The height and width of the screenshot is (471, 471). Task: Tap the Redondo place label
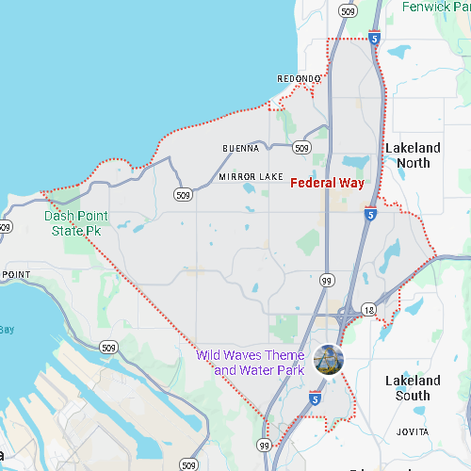(x=299, y=78)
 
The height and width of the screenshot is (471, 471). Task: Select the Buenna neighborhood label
(x=240, y=149)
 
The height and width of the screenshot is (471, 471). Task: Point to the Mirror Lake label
(x=251, y=176)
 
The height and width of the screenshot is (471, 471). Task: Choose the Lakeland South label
(x=413, y=388)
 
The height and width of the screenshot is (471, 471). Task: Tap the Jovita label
(x=413, y=431)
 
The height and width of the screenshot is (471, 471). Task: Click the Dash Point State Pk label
(x=75, y=223)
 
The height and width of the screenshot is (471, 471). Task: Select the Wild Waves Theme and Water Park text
(x=252, y=363)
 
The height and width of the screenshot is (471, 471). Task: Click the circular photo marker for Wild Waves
(x=329, y=359)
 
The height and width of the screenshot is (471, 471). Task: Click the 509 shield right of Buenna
(x=301, y=148)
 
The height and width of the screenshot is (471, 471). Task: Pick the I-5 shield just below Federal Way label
(x=372, y=215)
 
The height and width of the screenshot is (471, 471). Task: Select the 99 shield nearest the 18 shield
(x=327, y=280)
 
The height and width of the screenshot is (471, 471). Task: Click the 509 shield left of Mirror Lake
(x=184, y=194)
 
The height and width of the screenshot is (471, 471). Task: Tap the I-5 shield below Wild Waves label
(x=314, y=399)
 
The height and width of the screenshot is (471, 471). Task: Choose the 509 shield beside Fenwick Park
(x=349, y=11)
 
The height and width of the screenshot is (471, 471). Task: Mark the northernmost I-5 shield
(x=374, y=39)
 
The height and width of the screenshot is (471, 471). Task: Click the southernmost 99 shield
(x=264, y=445)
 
